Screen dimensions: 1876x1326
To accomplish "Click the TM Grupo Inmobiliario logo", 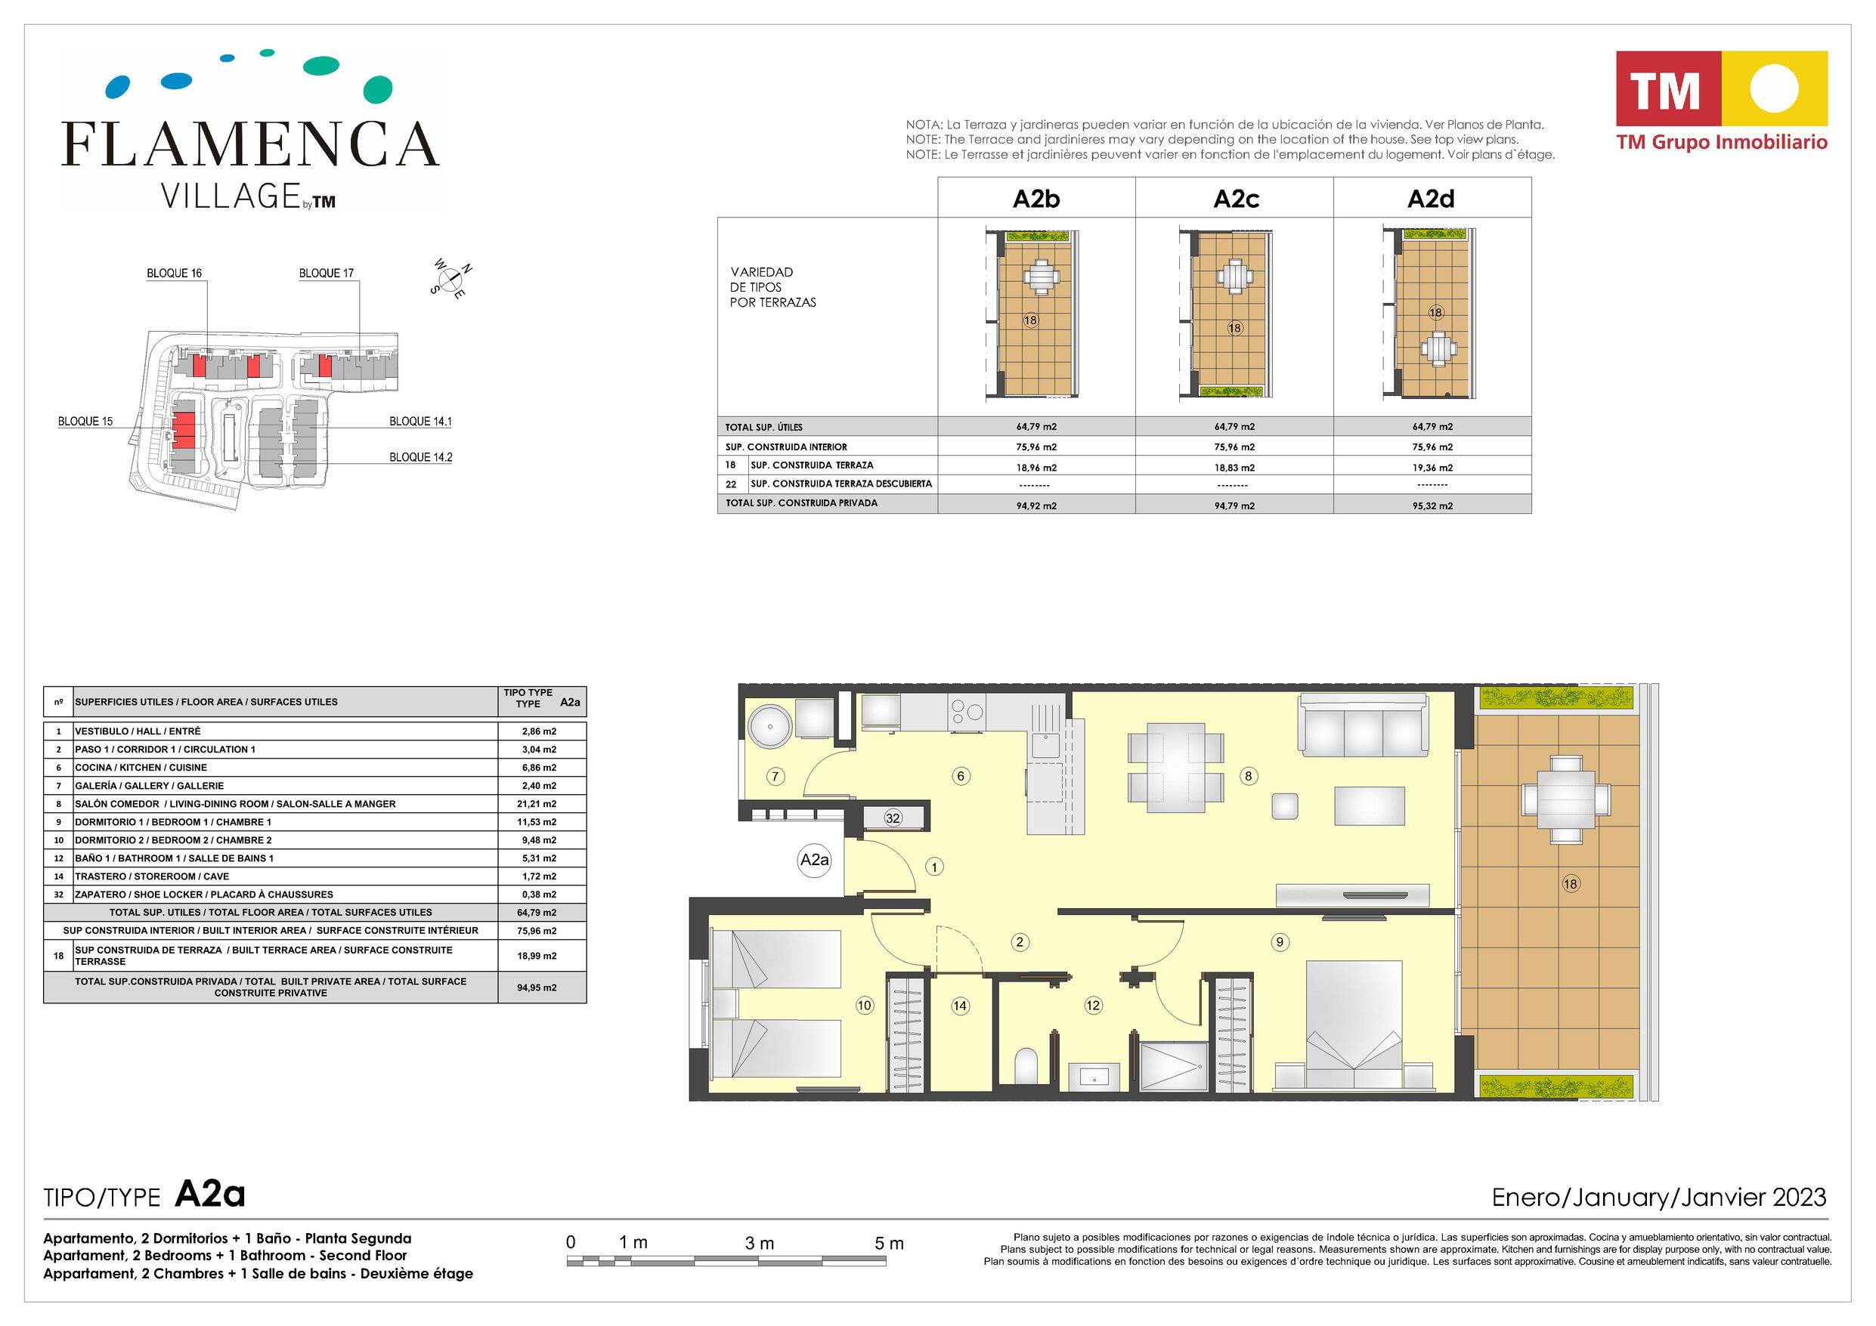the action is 1722,101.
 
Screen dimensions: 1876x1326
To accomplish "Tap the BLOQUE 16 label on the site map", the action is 174,273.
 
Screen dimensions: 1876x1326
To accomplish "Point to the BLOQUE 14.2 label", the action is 421,458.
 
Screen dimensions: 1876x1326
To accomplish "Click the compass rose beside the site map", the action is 451,280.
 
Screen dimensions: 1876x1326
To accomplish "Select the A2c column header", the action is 1235,199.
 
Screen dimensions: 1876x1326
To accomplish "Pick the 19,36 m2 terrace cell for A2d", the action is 1432,468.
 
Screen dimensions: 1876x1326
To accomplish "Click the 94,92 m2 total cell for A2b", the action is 1036,505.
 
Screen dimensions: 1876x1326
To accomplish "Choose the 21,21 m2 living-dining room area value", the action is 539,804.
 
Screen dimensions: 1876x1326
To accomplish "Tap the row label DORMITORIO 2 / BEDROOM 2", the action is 173,840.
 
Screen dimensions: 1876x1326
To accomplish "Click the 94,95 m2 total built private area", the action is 537,988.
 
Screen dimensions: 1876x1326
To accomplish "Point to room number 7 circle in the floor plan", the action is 775,776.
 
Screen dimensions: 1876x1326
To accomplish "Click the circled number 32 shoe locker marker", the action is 893,818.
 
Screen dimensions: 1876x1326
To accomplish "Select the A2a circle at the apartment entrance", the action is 814,860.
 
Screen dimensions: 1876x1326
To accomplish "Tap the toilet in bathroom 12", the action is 1026,1065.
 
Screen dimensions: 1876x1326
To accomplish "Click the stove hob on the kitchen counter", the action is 967,712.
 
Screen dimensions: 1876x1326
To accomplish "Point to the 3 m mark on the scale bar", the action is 759,1244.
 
